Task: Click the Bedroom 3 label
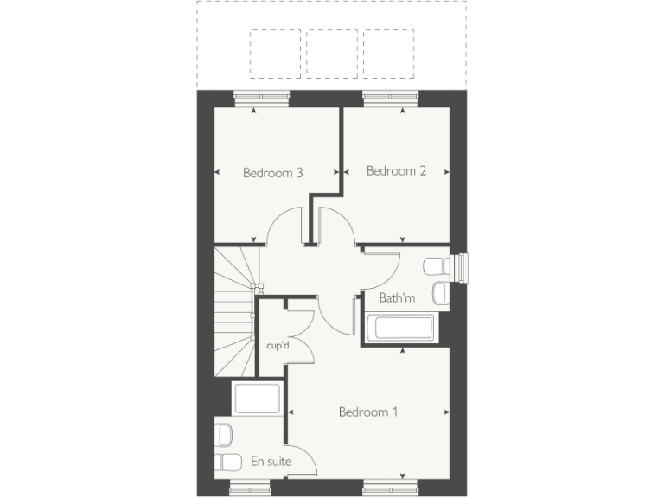[272, 173]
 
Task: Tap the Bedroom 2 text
[396, 171]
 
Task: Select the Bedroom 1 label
[368, 412]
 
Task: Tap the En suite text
[270, 463]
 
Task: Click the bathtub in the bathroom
[399, 329]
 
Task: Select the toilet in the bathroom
[434, 265]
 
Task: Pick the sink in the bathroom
[439, 293]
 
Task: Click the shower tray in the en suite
[256, 399]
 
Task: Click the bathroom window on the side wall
[461, 268]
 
